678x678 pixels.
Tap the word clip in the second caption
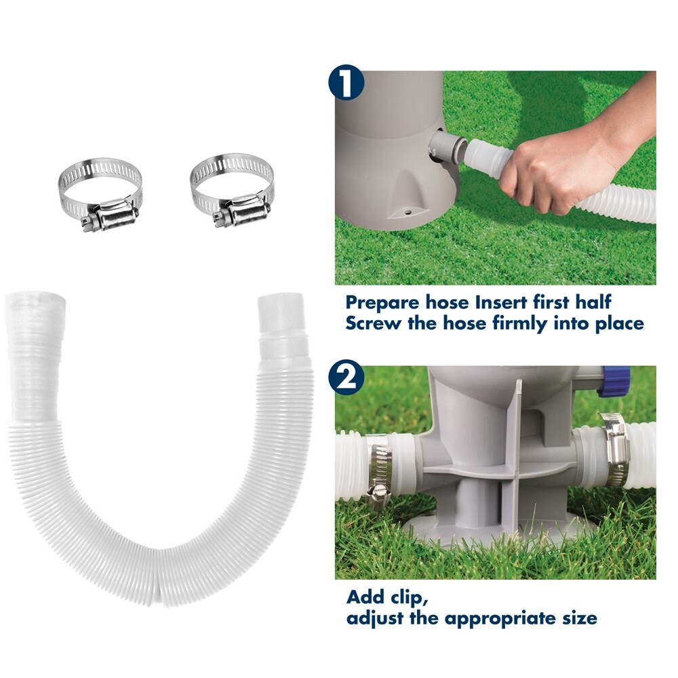coord(411,597)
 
